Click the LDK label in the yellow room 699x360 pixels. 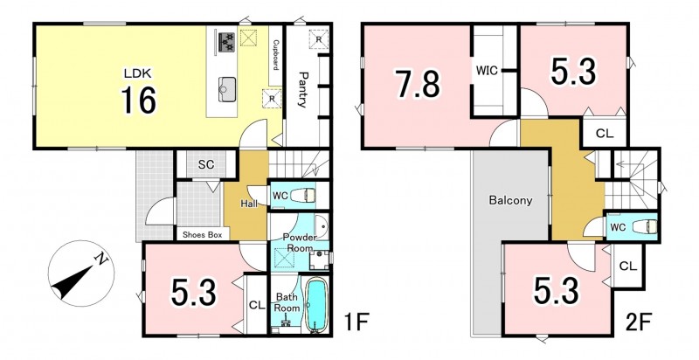(x=138, y=73)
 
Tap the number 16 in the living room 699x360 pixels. (x=139, y=100)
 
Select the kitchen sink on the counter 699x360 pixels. (x=228, y=88)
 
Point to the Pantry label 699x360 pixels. (x=302, y=89)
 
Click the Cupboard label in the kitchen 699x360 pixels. (x=275, y=55)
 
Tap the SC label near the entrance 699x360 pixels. (x=206, y=164)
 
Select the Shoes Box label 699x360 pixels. (x=203, y=234)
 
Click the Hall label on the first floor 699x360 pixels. (x=249, y=204)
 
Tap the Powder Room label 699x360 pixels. (x=300, y=242)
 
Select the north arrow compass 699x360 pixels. (x=81, y=273)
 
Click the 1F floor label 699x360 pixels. (x=357, y=322)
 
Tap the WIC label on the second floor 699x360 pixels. (x=487, y=71)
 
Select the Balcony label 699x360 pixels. (x=511, y=200)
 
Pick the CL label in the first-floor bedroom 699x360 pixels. (x=257, y=305)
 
